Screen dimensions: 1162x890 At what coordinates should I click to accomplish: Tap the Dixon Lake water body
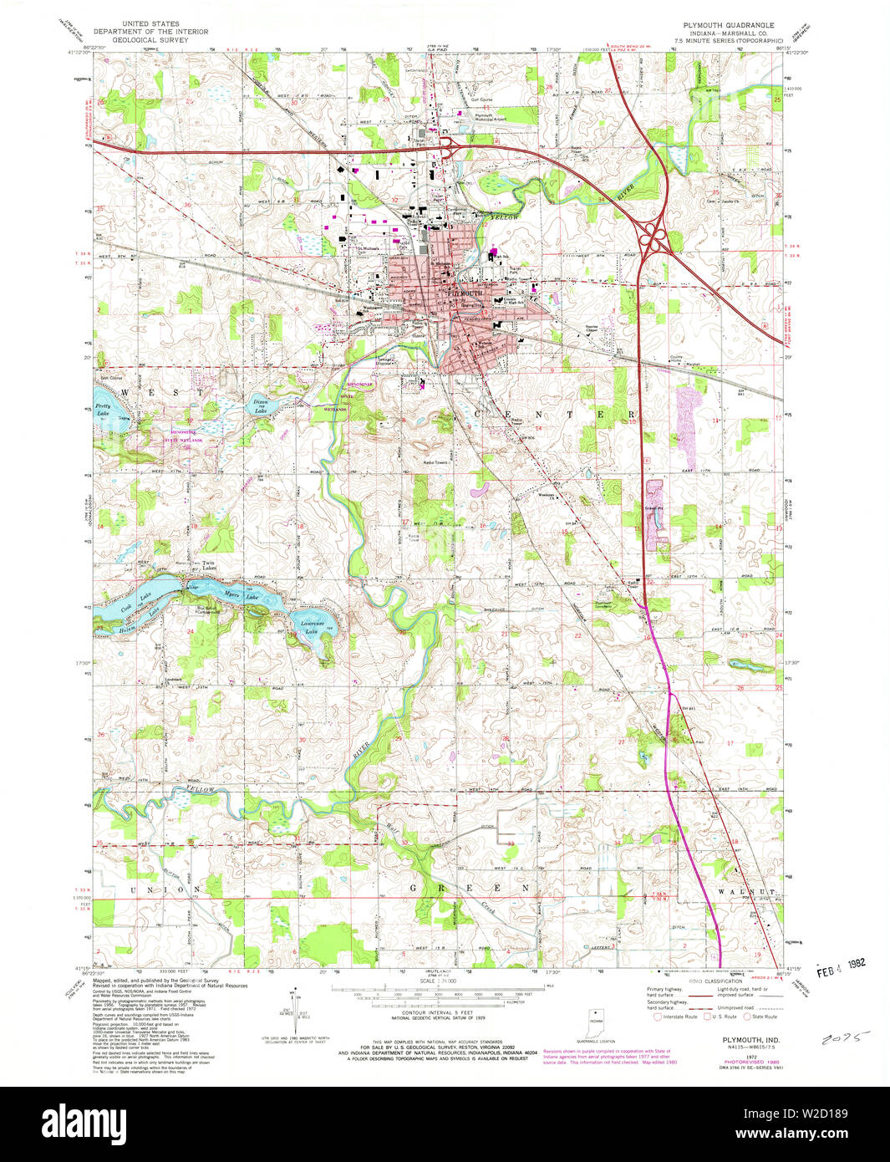coord(262,406)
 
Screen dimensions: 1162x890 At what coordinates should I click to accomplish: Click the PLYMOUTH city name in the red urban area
coord(466,293)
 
